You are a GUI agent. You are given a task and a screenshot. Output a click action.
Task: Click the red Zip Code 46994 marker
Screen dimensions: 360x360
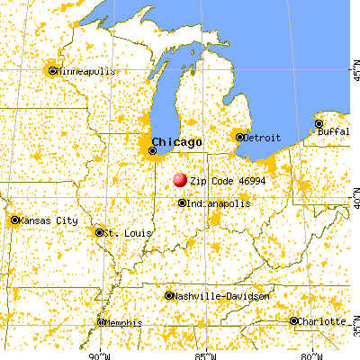click(x=179, y=180)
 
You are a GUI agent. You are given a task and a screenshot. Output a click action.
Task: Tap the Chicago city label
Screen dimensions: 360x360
click(x=176, y=142)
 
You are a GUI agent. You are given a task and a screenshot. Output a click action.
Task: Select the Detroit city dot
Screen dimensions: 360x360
click(x=239, y=137)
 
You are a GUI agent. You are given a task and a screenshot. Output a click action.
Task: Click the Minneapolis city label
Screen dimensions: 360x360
click(x=86, y=70)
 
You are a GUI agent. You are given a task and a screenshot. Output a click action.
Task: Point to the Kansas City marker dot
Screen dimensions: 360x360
click(x=15, y=220)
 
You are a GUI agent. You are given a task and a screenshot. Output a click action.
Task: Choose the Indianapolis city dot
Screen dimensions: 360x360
click(x=183, y=202)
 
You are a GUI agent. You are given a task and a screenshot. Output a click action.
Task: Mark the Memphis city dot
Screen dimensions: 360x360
click(x=100, y=320)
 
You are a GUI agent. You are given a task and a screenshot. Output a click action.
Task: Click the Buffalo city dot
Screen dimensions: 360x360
click(x=319, y=123)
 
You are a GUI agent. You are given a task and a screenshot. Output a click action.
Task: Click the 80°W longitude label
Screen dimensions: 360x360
click(x=313, y=354)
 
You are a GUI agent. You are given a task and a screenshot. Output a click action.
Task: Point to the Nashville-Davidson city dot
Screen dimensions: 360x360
click(x=170, y=296)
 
